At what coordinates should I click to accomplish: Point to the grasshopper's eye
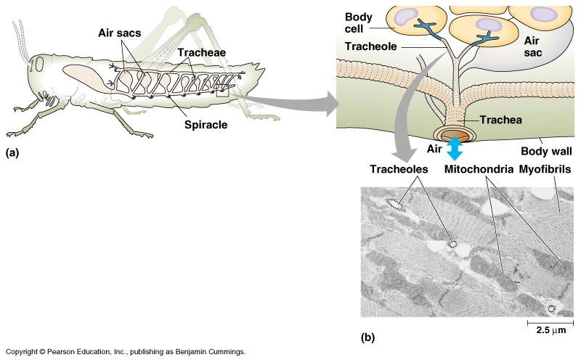39,65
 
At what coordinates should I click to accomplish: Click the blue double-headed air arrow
455,148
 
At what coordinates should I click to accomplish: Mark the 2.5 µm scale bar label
545,330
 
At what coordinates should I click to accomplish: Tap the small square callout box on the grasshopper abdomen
223,92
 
